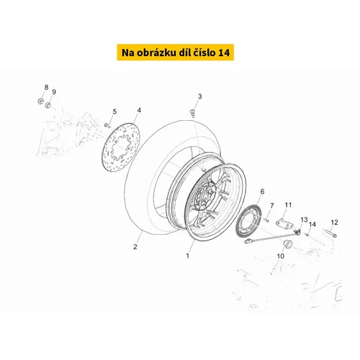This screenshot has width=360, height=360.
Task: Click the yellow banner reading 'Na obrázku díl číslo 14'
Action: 176,52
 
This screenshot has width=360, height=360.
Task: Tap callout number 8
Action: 46,87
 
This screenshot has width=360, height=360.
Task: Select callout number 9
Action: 54,92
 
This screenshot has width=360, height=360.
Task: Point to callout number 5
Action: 114,112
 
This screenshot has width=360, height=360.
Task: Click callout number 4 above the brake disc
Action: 139,110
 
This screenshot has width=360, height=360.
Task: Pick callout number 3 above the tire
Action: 199,96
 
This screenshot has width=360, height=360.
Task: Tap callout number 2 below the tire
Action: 135,247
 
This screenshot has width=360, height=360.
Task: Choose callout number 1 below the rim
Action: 188,256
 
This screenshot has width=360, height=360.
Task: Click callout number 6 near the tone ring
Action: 262,192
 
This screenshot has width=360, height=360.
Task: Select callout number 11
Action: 288,205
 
